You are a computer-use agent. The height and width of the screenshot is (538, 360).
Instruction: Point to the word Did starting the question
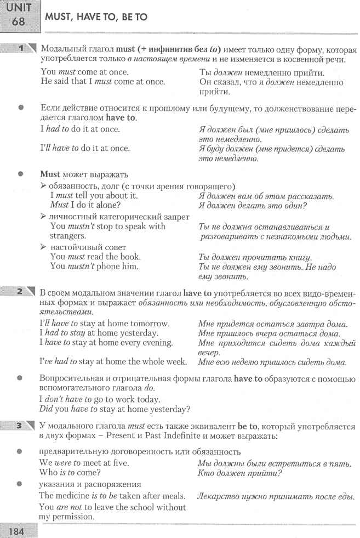pyautogui.click(x=48, y=409)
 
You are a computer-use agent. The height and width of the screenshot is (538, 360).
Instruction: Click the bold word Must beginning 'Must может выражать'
pyautogui.click(x=50, y=174)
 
